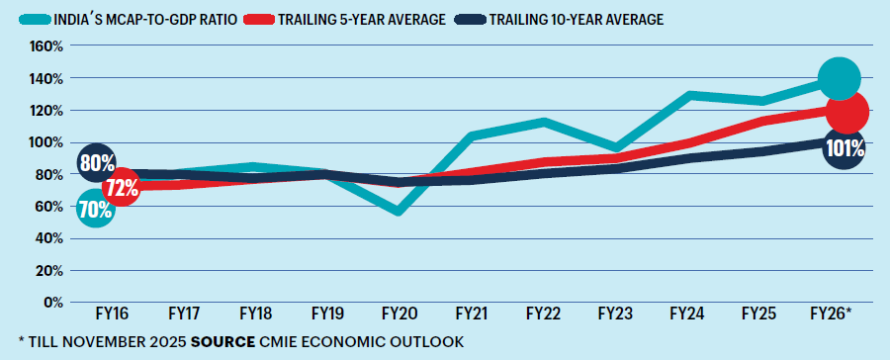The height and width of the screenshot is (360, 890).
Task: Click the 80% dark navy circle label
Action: pyautogui.click(x=96, y=163)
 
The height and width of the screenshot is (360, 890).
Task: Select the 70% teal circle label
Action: pyautogui.click(x=95, y=209)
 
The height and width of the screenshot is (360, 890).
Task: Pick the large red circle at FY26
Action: pyautogui.click(x=847, y=111)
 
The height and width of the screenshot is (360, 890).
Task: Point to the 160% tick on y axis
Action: pyautogui.click(x=46, y=46)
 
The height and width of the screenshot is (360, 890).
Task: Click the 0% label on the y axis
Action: pyautogui.click(x=52, y=302)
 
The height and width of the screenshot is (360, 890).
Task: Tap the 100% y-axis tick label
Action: pyautogui.click(x=46, y=142)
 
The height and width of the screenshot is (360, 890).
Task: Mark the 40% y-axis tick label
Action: pyautogui.click(x=49, y=238)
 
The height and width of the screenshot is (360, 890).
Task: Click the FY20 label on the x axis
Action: pyautogui.click(x=399, y=315)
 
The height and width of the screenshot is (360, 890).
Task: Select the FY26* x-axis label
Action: pyautogui.click(x=833, y=315)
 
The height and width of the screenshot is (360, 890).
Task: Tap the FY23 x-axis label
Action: pyautogui.click(x=615, y=315)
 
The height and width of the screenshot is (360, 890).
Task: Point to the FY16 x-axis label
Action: pyautogui.click(x=111, y=315)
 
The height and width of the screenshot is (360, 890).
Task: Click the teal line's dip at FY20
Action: pyautogui.click(x=399, y=212)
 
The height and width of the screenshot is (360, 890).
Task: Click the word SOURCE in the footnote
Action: pyautogui.click(x=223, y=342)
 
